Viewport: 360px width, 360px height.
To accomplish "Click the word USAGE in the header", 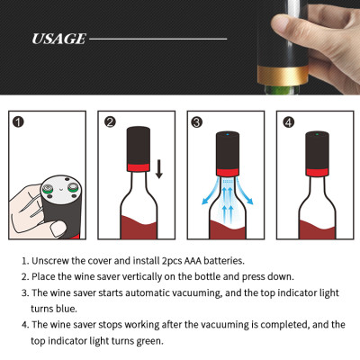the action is pos(58,39).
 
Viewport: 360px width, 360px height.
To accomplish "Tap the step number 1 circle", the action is pos(19,122).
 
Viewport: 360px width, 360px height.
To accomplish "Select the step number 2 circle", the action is pos(110,122).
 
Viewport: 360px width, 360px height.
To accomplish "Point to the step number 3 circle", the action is pos(197,122).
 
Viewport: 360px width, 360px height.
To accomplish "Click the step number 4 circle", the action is pos(288,122).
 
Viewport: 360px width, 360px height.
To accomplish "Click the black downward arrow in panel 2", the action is pos(159,169).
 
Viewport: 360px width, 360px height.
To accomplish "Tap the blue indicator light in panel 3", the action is pos(227,135).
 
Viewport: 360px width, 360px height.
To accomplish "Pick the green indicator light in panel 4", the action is pos(317,134).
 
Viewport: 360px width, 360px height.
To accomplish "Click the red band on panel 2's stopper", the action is pos(139,167).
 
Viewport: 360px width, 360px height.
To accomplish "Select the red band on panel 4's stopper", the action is pos(317,173).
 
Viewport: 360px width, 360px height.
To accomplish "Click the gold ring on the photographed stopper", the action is pos(283,76).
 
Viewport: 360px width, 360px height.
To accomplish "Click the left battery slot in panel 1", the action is pos(47,189).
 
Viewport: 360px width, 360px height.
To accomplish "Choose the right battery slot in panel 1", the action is pos(72,188).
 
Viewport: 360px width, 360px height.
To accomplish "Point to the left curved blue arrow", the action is pos(210,191).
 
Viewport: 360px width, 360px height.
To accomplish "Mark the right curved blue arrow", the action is pos(245,191).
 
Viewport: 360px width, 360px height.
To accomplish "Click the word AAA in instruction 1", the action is pos(193,261).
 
